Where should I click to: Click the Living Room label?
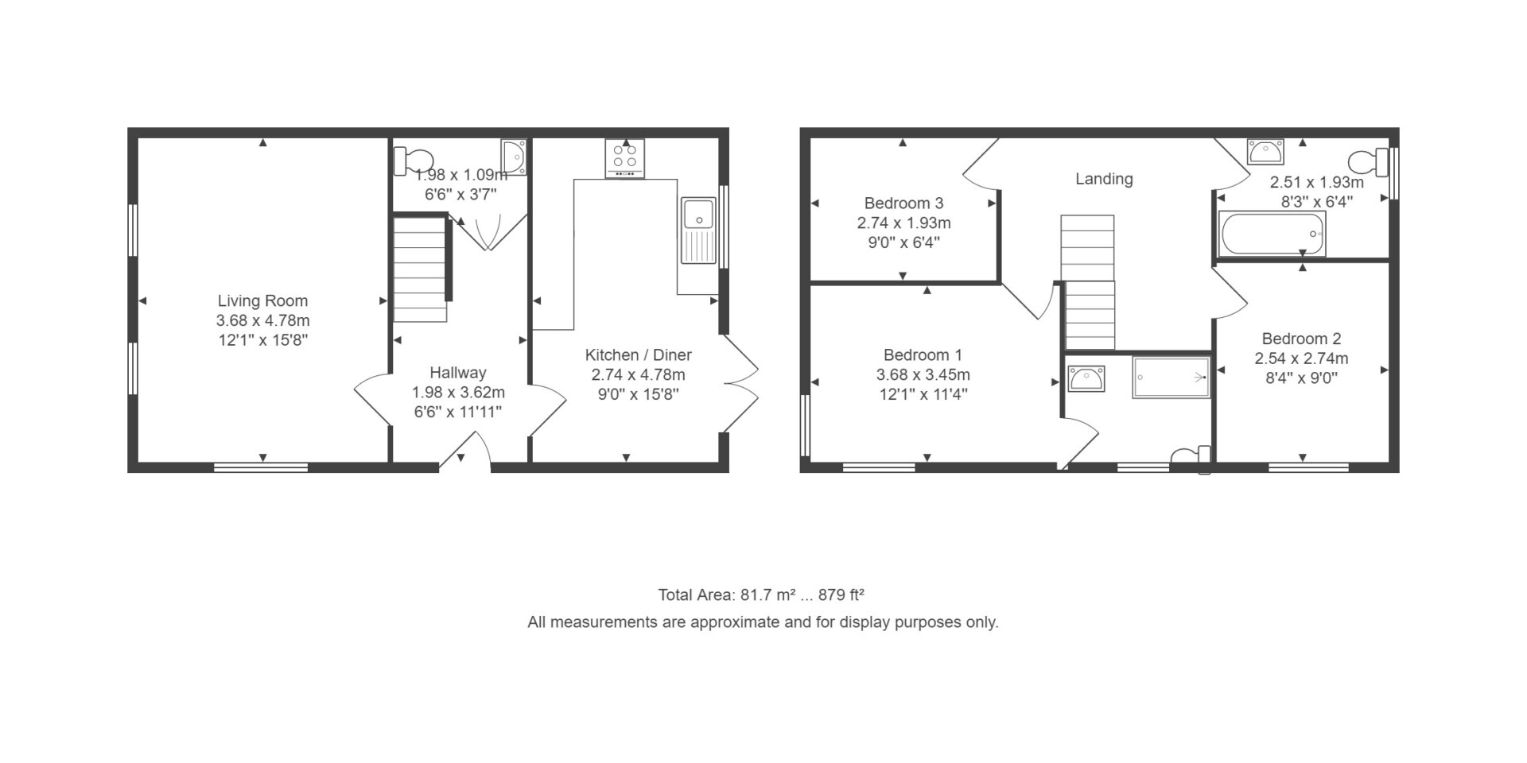(x=262, y=301)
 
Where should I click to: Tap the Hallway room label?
(x=458, y=373)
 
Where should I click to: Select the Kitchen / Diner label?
(x=639, y=355)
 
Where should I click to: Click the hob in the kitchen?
(x=624, y=158)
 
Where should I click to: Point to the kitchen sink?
(x=699, y=230)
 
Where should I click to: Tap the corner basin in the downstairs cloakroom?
(x=514, y=157)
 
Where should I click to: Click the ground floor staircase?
(x=420, y=268)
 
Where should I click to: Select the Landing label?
(x=1104, y=179)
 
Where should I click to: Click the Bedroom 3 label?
(x=903, y=203)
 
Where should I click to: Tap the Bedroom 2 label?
(x=1301, y=339)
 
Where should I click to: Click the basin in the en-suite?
(x=1086, y=378)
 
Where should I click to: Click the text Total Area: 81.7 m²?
(x=728, y=595)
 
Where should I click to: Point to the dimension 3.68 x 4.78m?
(x=262, y=321)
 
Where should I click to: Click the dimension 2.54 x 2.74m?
(x=1301, y=358)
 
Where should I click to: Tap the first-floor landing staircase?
(x=1088, y=282)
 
